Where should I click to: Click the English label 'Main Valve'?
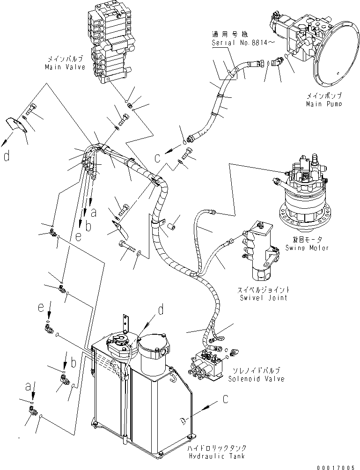point(65,67)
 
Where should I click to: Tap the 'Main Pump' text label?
point(323,103)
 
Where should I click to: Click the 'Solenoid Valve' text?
point(256,379)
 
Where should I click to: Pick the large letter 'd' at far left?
point(6,156)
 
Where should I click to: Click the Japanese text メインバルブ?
point(65,59)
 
